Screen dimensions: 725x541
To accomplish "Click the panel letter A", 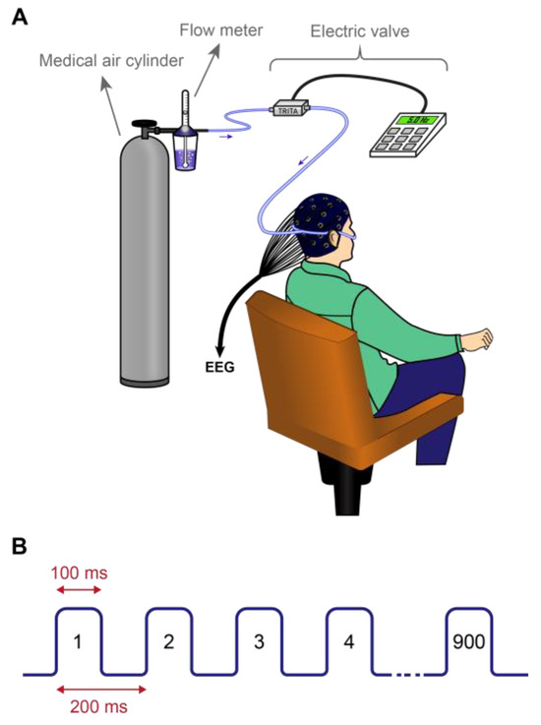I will (18, 17).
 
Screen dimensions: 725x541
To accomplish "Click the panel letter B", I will (18, 542).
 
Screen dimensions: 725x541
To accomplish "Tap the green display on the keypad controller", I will (411, 122).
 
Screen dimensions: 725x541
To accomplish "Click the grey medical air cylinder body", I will (146, 266).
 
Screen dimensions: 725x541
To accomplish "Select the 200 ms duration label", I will (92, 705).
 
